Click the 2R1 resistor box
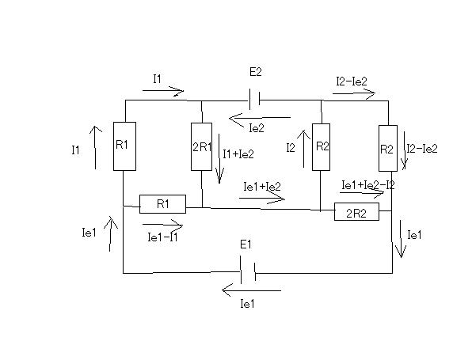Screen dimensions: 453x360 click(x=201, y=146)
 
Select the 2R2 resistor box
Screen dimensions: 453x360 click(x=356, y=211)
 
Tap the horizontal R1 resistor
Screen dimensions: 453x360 click(x=162, y=204)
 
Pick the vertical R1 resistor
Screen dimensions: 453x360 click(x=124, y=146)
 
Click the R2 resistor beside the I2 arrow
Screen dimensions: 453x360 click(x=321, y=147)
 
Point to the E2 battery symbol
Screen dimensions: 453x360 click(x=254, y=100)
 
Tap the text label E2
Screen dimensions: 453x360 click(x=255, y=72)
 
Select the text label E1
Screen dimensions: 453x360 click(x=246, y=244)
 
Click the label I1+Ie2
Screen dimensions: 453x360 click(x=238, y=154)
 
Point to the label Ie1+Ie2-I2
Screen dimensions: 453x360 click(x=367, y=185)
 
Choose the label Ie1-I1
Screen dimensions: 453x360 click(x=162, y=237)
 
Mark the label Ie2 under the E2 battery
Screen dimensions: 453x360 click(x=257, y=128)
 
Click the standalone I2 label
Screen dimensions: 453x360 click(x=291, y=148)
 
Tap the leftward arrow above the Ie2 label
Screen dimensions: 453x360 click(x=260, y=118)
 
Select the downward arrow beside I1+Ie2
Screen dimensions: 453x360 click(x=219, y=158)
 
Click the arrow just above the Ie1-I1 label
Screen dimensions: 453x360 click(x=162, y=225)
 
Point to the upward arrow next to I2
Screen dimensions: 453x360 click(x=303, y=149)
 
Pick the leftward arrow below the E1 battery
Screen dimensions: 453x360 click(x=251, y=290)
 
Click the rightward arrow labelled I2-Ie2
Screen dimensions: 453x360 click(x=354, y=93)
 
